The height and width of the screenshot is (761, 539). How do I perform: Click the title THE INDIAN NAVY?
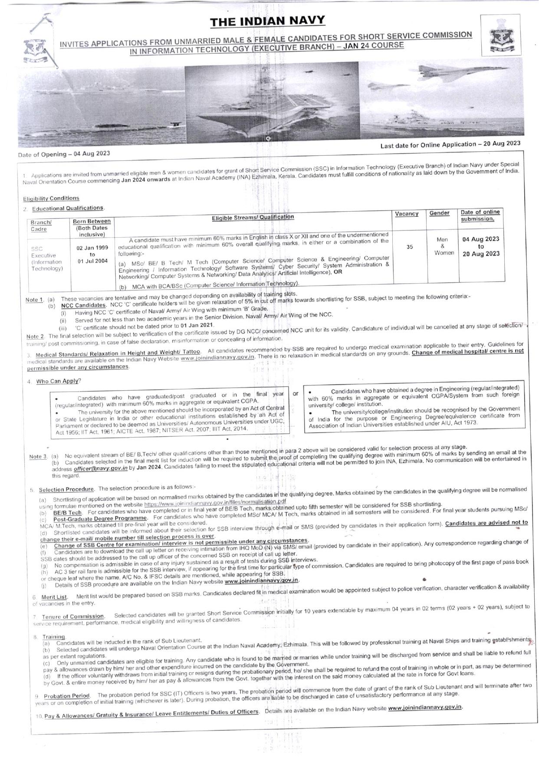[267, 21]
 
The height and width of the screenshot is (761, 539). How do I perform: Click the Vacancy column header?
[407, 214]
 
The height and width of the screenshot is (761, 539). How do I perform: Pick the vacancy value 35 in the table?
[409, 247]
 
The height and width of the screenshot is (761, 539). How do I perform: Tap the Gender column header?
[439, 213]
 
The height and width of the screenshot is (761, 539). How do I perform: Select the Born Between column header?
[92, 222]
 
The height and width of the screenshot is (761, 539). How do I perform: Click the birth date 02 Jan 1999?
[92, 248]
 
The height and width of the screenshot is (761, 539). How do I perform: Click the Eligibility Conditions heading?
[51, 199]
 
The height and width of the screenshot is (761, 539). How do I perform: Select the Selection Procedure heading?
[66, 490]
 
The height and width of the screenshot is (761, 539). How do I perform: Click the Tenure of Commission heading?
[73, 617]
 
